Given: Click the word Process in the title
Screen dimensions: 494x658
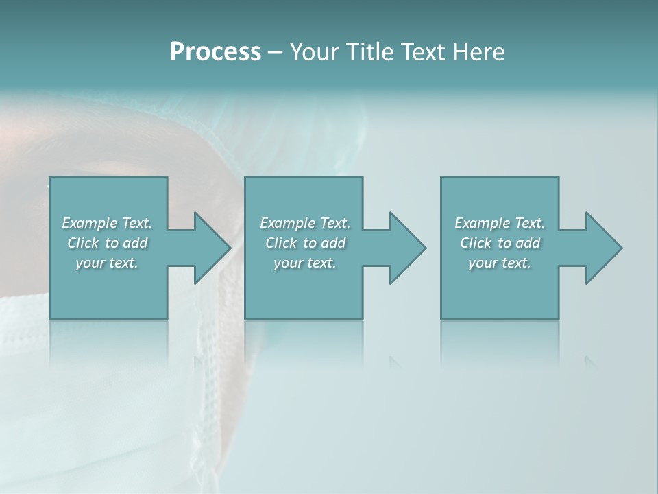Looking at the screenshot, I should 215,52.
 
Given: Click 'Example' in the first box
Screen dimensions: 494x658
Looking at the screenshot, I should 90,223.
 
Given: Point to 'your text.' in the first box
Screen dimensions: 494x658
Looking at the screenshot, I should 107,263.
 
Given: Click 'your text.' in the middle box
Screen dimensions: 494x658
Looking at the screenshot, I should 305,263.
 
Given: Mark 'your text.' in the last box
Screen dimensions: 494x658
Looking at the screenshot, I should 500,263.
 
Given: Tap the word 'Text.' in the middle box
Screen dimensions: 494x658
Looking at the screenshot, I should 334,223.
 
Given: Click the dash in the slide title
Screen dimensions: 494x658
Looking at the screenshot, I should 275,52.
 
